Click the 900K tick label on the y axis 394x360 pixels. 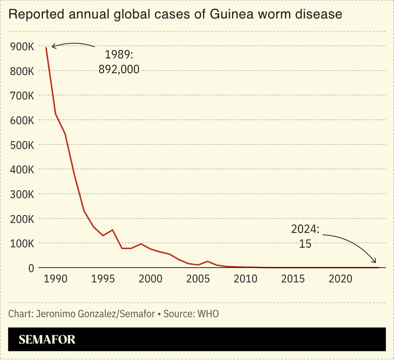[22, 47]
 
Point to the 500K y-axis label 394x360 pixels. [22, 145]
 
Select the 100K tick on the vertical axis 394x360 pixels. [22, 243]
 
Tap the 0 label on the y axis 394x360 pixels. [31, 268]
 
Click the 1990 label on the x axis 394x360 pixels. [55, 279]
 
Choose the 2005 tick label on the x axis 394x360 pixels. [198, 279]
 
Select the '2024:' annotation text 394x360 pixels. [305, 230]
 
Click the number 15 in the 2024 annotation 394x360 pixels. [305, 243]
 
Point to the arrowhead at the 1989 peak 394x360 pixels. [53, 47]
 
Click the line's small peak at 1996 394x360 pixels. [112, 230]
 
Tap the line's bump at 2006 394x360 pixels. [207, 261]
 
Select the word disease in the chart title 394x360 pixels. [318, 15]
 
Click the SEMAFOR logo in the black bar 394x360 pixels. [47, 340]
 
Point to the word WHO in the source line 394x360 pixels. [208, 314]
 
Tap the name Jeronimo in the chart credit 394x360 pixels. [56, 314]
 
